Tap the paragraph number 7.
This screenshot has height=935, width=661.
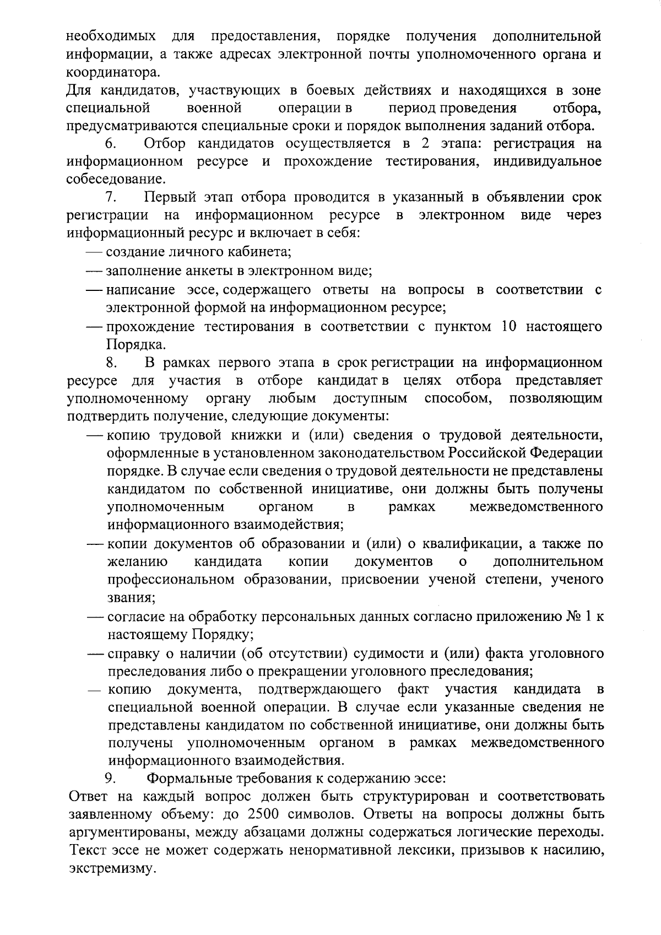tap(109, 198)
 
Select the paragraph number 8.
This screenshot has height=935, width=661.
tap(110, 363)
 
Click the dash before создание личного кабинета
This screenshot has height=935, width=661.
tap(95, 253)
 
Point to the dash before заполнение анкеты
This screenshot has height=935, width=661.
tap(95, 272)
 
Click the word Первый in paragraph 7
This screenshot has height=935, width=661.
tap(167, 198)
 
